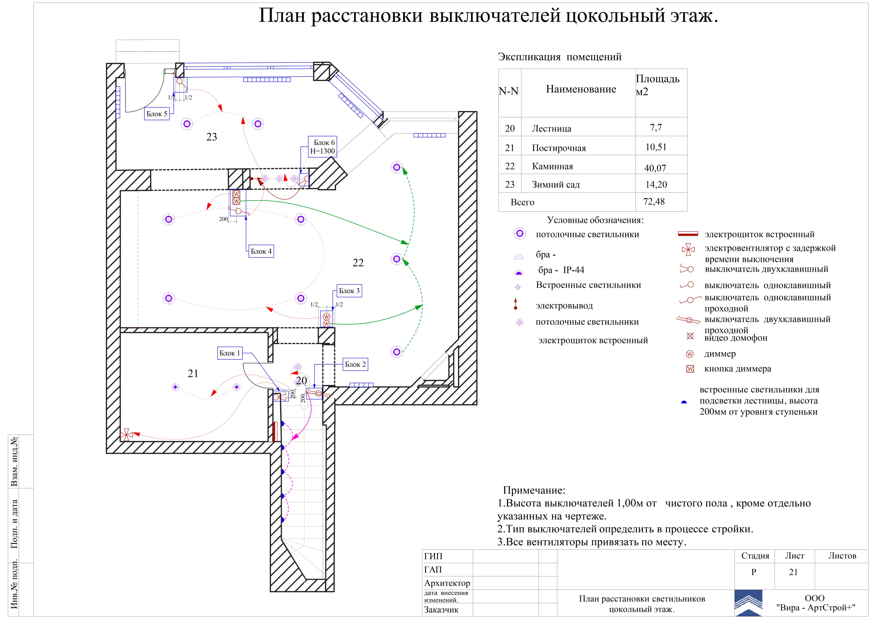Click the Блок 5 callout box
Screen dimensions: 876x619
tap(156, 114)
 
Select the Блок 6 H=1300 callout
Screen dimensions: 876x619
tap(322, 146)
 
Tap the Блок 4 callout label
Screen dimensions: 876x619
tap(261, 251)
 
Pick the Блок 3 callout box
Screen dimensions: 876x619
tap(349, 291)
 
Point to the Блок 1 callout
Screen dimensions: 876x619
tap(230, 353)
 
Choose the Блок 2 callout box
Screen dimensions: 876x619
tap(355, 364)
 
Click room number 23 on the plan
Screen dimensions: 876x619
tap(212, 137)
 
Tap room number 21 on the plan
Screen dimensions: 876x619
tap(193, 373)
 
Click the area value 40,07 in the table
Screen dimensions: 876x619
tap(655, 168)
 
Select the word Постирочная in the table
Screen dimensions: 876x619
tap(559, 148)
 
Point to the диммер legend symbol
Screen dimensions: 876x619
tap(690, 354)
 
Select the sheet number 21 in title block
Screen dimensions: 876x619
tap(793, 572)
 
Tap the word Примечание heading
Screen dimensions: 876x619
tap(534, 490)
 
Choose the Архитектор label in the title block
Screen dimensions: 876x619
tap(447, 583)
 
